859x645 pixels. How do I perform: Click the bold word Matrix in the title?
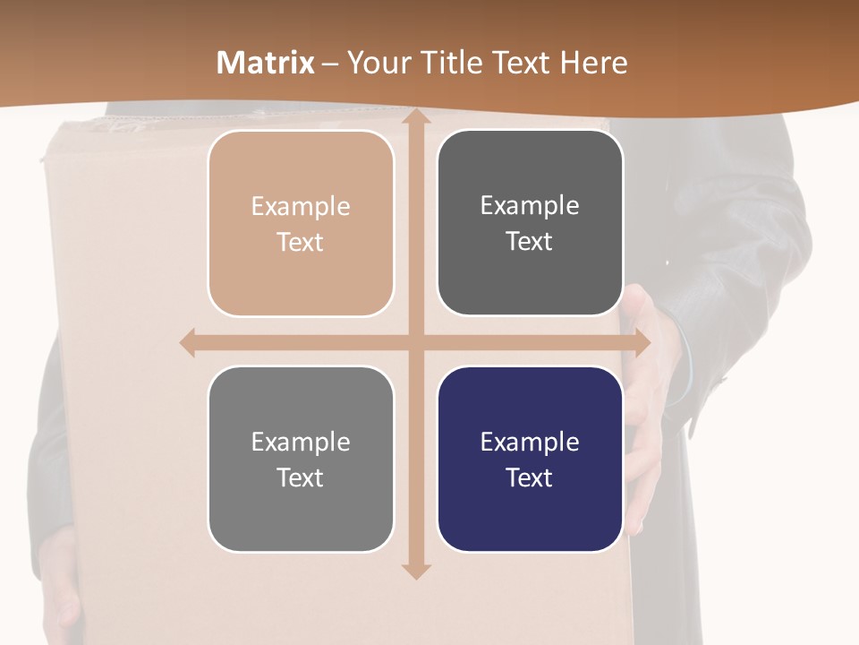(266, 63)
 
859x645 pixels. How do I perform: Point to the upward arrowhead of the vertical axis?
(414, 118)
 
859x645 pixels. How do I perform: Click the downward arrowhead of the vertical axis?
(414, 570)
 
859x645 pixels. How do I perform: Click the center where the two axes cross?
(414, 342)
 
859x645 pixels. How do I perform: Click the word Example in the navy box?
(530, 442)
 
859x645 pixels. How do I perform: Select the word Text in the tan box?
(301, 243)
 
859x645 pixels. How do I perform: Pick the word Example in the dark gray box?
(530, 205)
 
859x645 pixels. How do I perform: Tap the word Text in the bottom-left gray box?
(301, 477)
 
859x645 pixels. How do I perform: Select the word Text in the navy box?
(530, 477)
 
